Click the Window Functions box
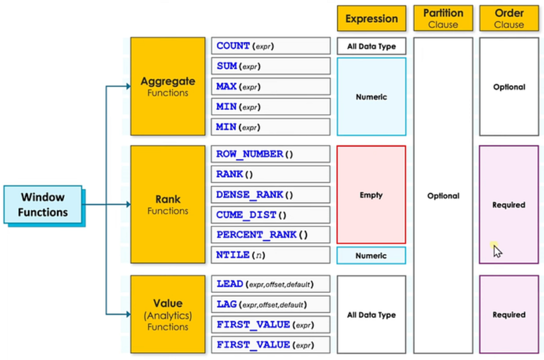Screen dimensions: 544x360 click(x=43, y=205)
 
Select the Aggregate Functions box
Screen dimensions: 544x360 click(x=168, y=86)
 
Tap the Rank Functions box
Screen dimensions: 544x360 click(x=168, y=205)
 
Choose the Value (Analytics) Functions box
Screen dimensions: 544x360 click(x=168, y=314)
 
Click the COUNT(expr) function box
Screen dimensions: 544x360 click(x=271, y=46)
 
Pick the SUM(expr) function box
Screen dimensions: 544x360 click(x=271, y=66)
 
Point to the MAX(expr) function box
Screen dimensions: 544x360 click(x=271, y=87)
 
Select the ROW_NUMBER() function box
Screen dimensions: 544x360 click(x=271, y=154)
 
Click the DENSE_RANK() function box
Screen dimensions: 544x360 click(x=271, y=195)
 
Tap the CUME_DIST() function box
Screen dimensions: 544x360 click(x=271, y=215)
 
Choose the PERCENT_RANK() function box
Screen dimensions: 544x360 click(x=271, y=235)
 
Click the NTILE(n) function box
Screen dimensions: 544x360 click(x=271, y=255)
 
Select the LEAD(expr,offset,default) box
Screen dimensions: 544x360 click(x=271, y=285)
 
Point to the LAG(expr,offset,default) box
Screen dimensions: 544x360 click(x=271, y=305)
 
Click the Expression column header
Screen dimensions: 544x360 click(x=372, y=18)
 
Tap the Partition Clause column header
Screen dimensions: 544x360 click(x=443, y=18)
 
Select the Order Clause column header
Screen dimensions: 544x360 click(x=509, y=18)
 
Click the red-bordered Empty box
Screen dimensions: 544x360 click(x=371, y=195)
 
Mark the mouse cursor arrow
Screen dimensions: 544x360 click(x=497, y=251)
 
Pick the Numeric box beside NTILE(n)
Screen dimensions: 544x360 click(x=371, y=256)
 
